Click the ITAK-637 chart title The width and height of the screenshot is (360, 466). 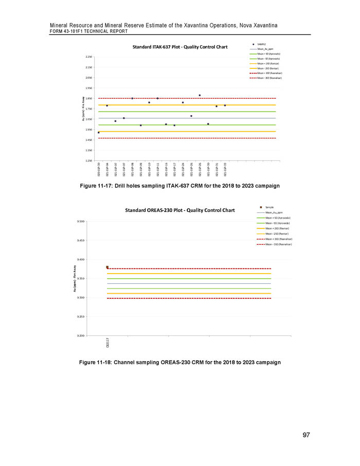coord(180,47)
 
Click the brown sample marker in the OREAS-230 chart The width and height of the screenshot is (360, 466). coord(107,267)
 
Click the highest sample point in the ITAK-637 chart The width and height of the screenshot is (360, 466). coord(200,95)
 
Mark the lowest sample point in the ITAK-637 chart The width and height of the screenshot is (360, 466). coord(99,133)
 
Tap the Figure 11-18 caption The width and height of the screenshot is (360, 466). coord(180,363)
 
